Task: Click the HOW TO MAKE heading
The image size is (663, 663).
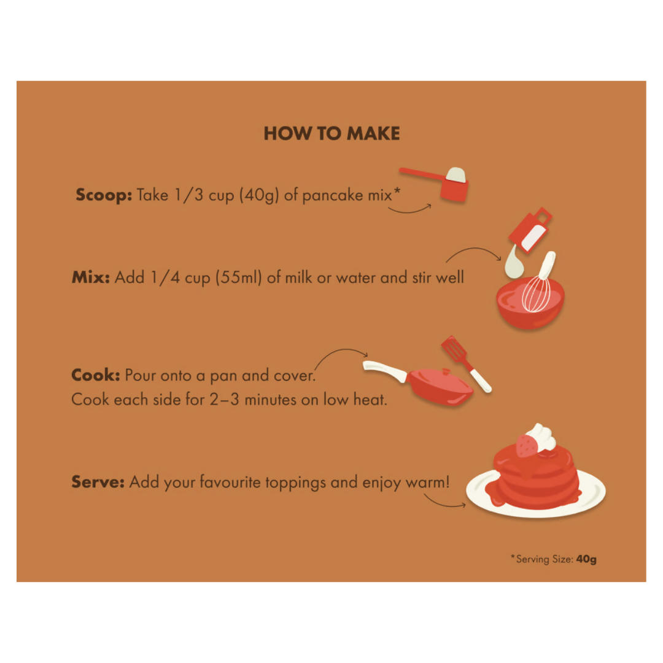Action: pos(331,133)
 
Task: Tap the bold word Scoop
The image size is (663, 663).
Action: pos(104,195)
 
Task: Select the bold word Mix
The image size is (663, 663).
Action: pos(90,277)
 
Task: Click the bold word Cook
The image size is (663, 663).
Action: pos(96,375)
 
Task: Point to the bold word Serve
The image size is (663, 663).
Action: pos(98,482)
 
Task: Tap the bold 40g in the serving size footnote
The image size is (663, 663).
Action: pos(586,559)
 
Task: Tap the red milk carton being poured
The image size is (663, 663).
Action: pos(530,230)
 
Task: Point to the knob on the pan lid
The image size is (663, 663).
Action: pos(446,372)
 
